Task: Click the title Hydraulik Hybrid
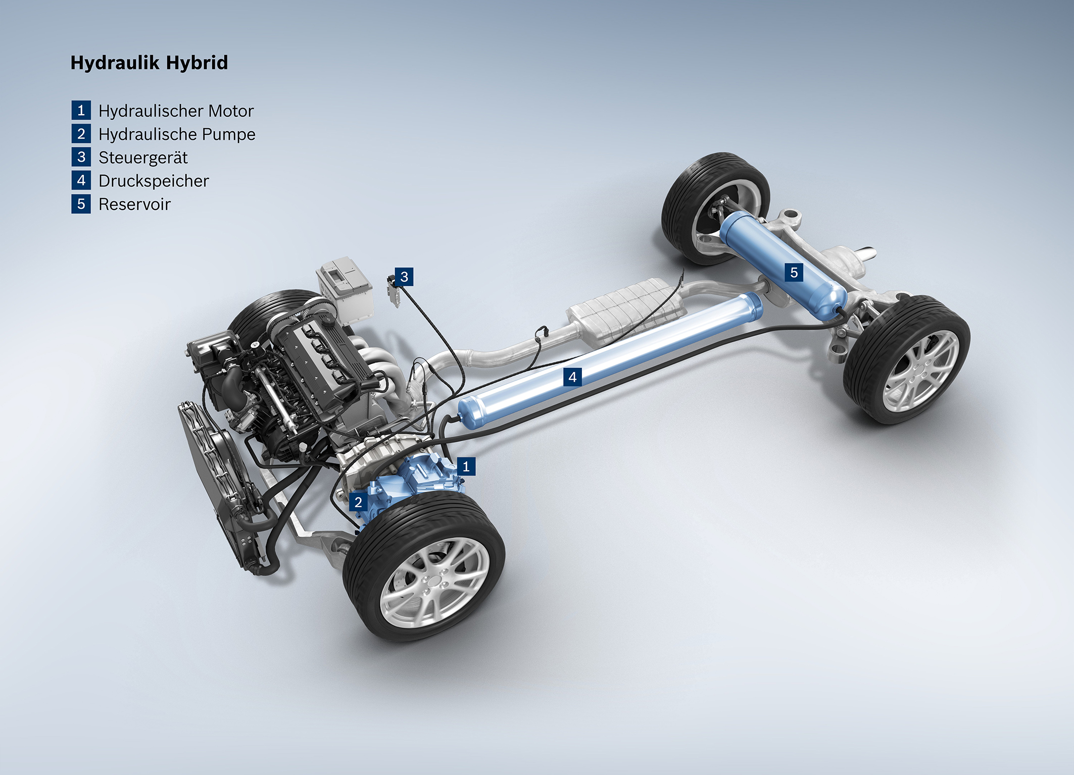coord(149,63)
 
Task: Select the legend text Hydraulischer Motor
coord(176,111)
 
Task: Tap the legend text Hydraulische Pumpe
coord(177,134)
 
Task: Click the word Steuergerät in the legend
coord(143,158)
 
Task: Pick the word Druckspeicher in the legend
coord(154,181)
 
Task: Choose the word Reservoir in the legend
coord(134,204)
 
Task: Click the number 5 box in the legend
coord(81,204)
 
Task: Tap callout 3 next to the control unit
coord(404,277)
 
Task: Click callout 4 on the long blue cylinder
coord(572,377)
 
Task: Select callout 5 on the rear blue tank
coord(794,273)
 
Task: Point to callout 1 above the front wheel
coord(466,466)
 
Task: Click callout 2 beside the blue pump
coord(358,502)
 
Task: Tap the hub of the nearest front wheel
coord(433,583)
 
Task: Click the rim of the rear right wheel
coord(921,371)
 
